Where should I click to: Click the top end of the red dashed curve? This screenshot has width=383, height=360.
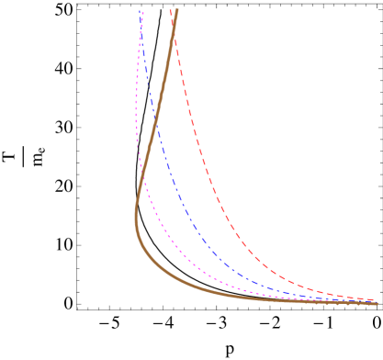click(x=171, y=9)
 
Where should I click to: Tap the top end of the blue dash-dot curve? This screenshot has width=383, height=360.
click(x=141, y=9)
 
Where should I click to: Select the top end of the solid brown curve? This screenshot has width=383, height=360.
click(x=175, y=9)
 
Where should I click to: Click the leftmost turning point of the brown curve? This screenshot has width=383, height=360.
click(x=136, y=213)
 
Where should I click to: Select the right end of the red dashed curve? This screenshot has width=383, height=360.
click(x=377, y=299)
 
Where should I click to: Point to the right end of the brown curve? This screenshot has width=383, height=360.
click(x=377, y=303)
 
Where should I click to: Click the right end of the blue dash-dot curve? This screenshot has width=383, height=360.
click(x=377, y=302)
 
